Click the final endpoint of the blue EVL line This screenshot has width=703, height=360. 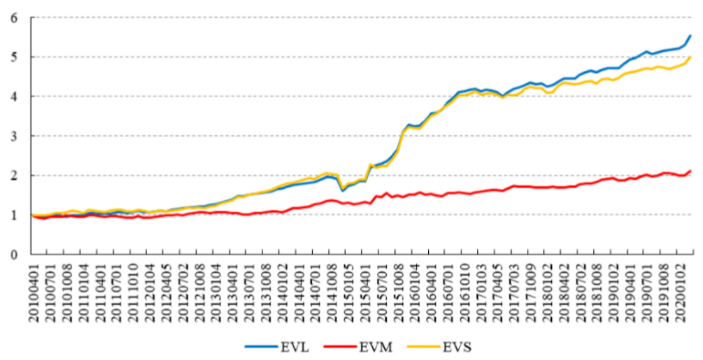click(690, 35)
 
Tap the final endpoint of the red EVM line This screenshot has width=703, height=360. click(690, 171)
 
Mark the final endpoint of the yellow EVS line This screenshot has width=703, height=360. click(690, 57)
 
